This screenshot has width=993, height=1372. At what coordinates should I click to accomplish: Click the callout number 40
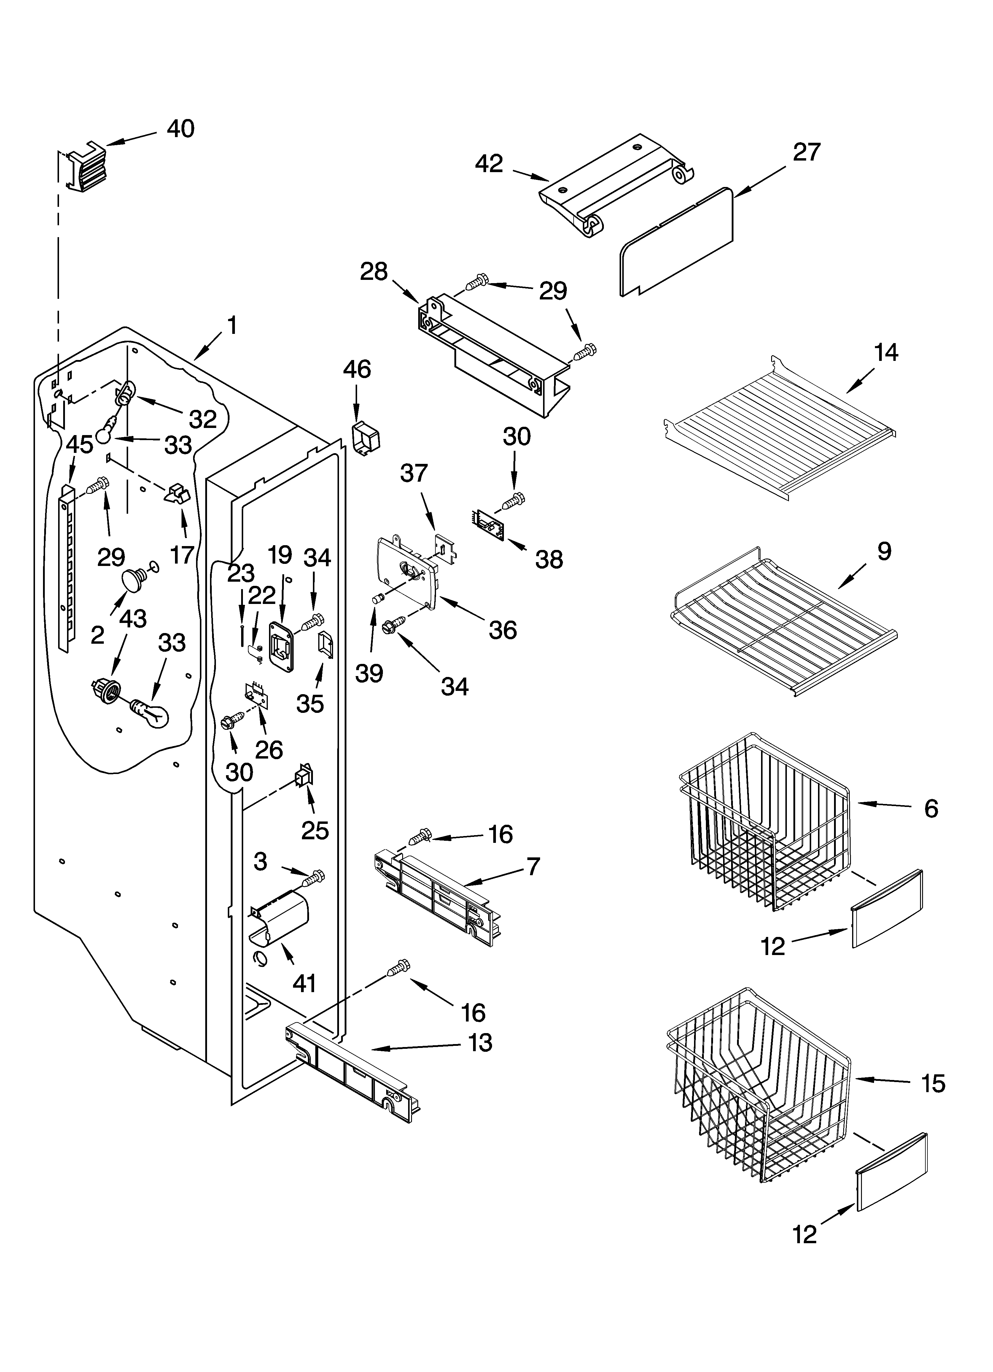180,129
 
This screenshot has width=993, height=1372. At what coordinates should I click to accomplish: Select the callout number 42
488,164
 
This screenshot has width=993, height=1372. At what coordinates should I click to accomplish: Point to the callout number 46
357,369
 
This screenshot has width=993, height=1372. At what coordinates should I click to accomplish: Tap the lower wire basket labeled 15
759,1095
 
